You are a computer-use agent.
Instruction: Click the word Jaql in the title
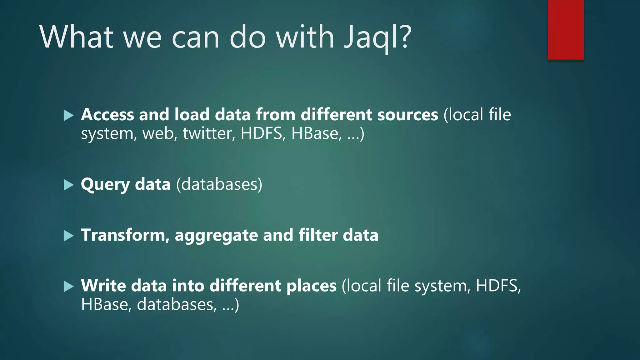(372, 37)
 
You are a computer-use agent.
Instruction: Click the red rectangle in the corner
(566, 30)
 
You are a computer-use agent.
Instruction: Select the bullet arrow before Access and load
(68, 115)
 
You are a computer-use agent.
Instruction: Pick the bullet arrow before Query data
(68, 185)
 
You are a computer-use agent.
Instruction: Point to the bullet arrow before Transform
(68, 236)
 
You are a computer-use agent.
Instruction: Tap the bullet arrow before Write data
(68, 286)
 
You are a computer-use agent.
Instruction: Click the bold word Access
(107, 114)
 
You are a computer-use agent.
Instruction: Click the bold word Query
(105, 185)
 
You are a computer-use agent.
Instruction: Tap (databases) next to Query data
(219, 184)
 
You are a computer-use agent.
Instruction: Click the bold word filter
(318, 235)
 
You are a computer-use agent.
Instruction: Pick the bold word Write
(103, 286)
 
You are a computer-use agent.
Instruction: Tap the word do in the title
(247, 37)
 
